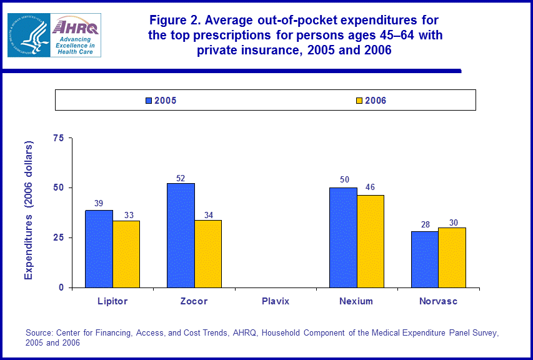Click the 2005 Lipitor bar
pos(99,249)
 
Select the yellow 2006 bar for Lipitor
pos(126,254)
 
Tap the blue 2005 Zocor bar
pos(181,235)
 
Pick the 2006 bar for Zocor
pos(208,254)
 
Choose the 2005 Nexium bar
pos(344,237)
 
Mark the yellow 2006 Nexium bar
pos(371,241)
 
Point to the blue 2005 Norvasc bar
pos(425,259)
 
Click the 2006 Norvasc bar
pos(452,257)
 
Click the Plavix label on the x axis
pos(276,301)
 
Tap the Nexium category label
pos(356,301)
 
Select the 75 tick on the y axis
pos(59,138)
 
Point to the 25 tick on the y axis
pos(59,237)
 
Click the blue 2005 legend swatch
pos(149,100)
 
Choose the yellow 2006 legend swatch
pos(359,100)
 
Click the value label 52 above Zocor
pos(181,178)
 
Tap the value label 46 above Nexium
pos(371,187)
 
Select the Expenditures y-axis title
pos(29,210)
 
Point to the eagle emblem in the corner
pos(28,35)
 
